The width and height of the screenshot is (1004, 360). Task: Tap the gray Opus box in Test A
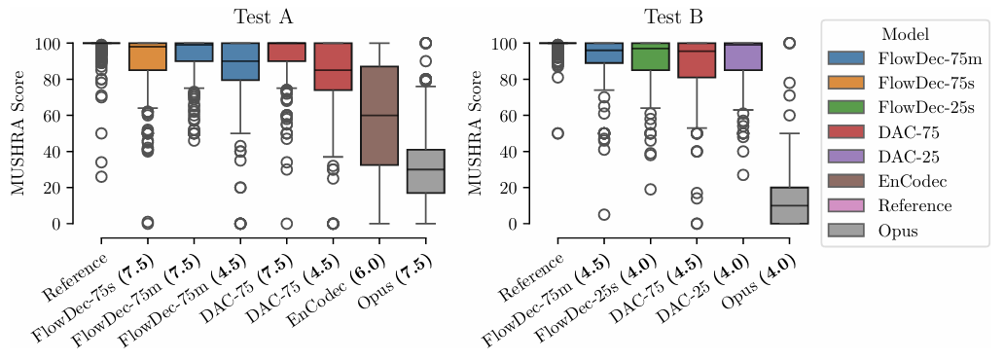pyautogui.click(x=426, y=171)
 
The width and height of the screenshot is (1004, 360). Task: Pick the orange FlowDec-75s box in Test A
pyautogui.click(x=148, y=56)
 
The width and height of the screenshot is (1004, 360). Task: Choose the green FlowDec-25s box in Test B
pyautogui.click(x=650, y=56)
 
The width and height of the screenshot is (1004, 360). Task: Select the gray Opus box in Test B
pyautogui.click(x=789, y=205)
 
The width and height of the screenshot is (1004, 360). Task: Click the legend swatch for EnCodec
pyautogui.click(x=845, y=181)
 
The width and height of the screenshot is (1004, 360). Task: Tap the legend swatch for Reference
pyautogui.click(x=845, y=205)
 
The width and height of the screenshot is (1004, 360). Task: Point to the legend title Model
pyautogui.click(x=905, y=34)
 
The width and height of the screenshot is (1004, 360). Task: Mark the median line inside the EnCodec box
pyautogui.click(x=379, y=116)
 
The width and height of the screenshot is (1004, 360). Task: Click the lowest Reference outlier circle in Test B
pyautogui.click(x=557, y=133)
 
